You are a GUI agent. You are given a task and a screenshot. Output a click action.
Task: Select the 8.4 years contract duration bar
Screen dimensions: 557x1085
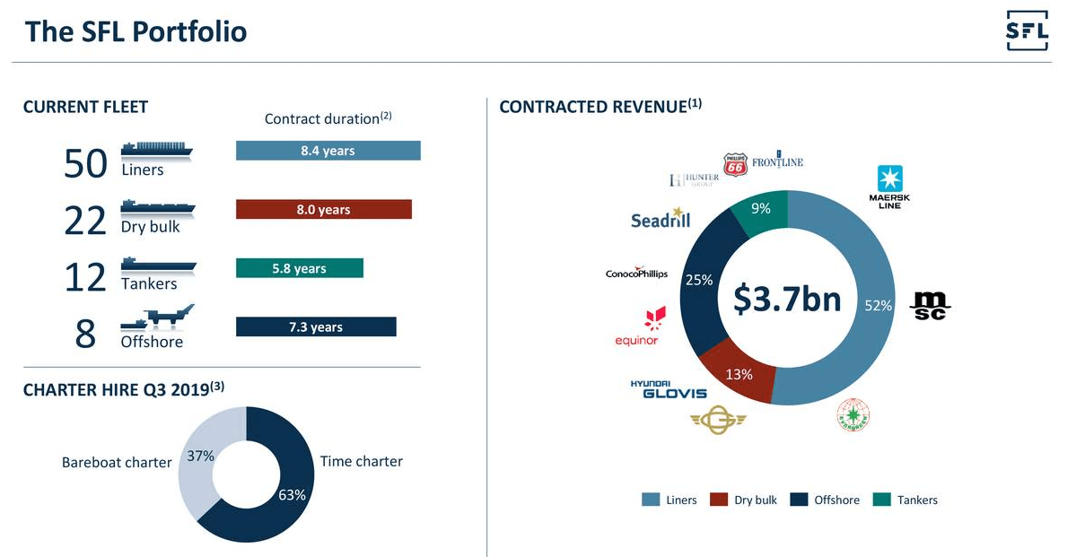pyautogui.click(x=328, y=151)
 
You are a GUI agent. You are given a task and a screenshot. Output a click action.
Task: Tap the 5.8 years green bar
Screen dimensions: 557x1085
pyautogui.click(x=299, y=268)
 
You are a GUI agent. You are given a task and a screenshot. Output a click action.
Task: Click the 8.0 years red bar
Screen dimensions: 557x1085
pyautogui.click(x=323, y=210)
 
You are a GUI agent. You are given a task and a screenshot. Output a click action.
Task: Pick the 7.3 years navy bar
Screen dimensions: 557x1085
pyautogui.click(x=315, y=327)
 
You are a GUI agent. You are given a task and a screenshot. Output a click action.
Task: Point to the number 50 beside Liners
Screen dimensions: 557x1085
pyautogui.click(x=86, y=163)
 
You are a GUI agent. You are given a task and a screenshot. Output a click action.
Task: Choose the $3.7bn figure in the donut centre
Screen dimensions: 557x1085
pyautogui.click(x=787, y=299)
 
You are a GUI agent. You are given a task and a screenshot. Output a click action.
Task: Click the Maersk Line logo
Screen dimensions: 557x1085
pyautogui.click(x=890, y=187)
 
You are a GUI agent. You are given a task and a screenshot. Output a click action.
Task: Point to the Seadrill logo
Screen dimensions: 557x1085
pyautogui.click(x=660, y=220)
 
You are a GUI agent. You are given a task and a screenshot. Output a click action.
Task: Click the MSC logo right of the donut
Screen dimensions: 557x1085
pyautogui.click(x=930, y=305)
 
